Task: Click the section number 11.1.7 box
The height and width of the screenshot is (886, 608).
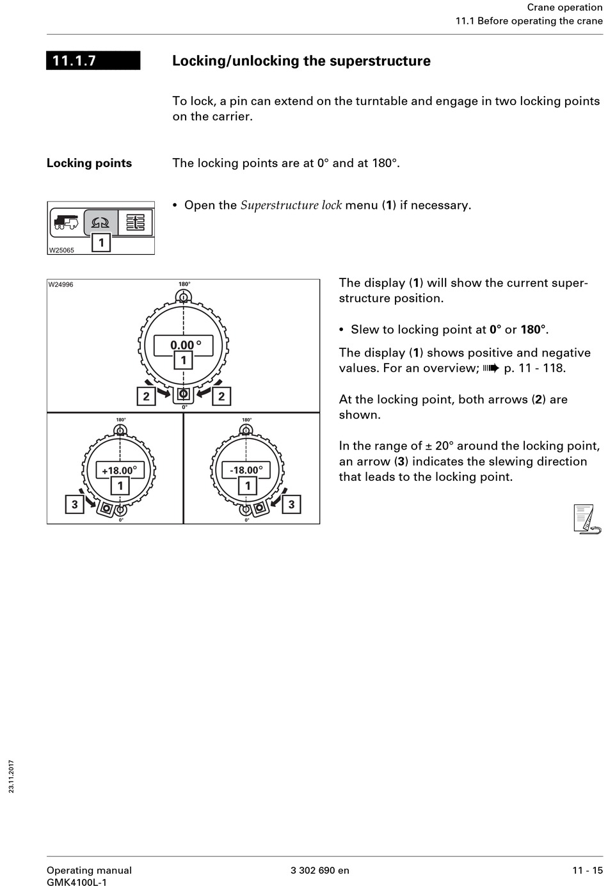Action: [x=93, y=61]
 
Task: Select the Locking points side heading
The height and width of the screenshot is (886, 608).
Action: [x=89, y=163]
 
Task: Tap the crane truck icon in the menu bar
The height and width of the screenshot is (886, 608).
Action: [x=66, y=222]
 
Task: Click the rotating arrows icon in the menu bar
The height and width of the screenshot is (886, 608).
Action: [x=100, y=222]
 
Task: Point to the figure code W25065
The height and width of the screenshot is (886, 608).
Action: [x=61, y=250]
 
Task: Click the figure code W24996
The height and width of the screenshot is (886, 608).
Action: [x=61, y=285]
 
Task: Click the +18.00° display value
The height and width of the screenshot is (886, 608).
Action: [x=119, y=471]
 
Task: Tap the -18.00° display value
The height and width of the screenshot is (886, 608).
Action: [x=246, y=471]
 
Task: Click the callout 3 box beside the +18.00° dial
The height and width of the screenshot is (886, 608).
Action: [x=74, y=504]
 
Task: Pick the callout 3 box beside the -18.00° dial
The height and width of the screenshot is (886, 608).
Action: [x=291, y=504]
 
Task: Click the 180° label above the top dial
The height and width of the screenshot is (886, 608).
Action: [x=184, y=284]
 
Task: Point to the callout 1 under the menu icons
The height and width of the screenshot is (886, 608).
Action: [x=101, y=243]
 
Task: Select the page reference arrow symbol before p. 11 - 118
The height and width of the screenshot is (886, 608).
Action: [x=491, y=368]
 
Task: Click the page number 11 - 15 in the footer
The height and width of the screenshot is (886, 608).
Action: [x=587, y=870]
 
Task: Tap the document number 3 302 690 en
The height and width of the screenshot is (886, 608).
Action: [x=320, y=870]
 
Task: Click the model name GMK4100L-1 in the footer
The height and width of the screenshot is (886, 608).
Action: [x=77, y=882]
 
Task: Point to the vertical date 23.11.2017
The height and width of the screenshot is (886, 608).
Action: [x=12, y=777]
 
